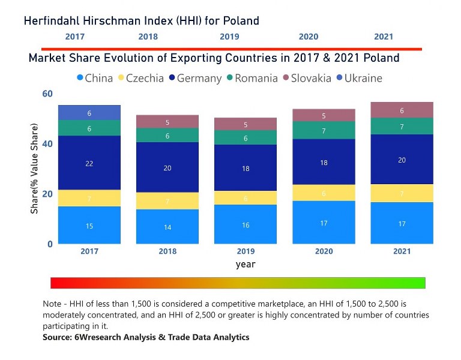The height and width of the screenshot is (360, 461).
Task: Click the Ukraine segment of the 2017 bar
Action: click(x=89, y=113)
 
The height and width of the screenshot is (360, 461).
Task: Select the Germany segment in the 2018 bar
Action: click(x=167, y=167)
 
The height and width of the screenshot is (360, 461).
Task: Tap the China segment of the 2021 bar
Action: click(x=402, y=223)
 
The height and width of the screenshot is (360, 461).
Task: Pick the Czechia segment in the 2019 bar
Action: click(x=246, y=198)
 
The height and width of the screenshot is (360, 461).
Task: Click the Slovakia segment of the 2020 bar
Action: click(x=324, y=116)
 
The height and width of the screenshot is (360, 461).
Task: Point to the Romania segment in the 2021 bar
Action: click(x=402, y=127)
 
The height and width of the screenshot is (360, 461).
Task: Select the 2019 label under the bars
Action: click(x=246, y=251)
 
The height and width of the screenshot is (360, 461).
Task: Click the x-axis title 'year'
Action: click(x=246, y=264)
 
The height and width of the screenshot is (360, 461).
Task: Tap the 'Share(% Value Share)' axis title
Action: click(x=35, y=169)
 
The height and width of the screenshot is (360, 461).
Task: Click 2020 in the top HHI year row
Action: click(x=309, y=37)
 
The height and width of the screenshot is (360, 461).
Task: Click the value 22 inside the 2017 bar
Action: click(x=89, y=163)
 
